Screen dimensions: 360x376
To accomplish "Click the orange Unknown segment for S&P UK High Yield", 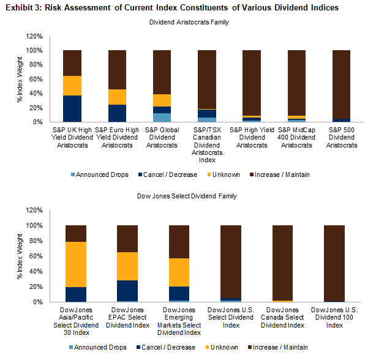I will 72,86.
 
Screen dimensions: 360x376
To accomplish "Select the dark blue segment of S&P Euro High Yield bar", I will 117,113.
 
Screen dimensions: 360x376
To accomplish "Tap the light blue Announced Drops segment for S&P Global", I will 162,118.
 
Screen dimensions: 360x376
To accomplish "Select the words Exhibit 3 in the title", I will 23,7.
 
